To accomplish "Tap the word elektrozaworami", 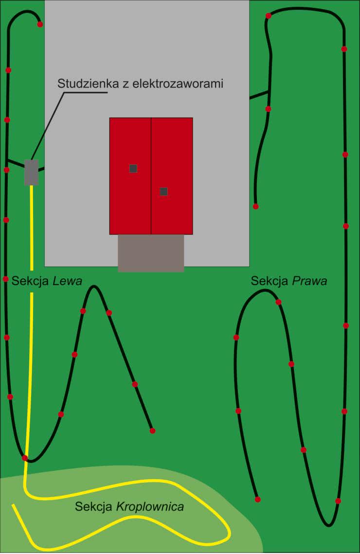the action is tap(178, 84).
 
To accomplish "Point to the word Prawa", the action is tap(309, 281).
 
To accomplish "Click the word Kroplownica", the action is tap(150, 507).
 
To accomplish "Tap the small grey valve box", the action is tap(32, 172).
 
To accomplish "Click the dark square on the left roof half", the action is tap(133, 168).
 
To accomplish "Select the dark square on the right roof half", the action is tap(163, 192).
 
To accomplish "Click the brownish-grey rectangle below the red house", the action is tap(151, 253).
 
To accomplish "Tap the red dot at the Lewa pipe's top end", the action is tap(40, 24).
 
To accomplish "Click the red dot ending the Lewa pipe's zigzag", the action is tap(152, 430).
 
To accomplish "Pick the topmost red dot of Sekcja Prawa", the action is tap(269, 16).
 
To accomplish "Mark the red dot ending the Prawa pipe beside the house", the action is tap(256, 206).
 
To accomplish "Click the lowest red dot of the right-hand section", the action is tap(338, 501).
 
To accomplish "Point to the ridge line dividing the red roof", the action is tap(151, 176).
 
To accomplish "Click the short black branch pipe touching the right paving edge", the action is tap(259, 95).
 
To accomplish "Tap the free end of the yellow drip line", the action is tap(13, 505).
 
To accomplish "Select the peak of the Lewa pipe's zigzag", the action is tap(94, 286).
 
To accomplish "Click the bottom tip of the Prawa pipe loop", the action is tap(329, 525).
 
